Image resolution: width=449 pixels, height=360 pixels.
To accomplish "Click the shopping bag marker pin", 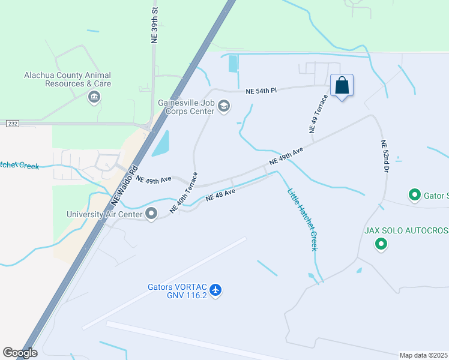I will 342,86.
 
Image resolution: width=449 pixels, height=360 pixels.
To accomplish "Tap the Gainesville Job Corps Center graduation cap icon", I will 224,107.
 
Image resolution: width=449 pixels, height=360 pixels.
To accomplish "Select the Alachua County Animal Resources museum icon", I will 94,97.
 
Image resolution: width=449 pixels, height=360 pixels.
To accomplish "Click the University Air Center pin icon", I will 151,214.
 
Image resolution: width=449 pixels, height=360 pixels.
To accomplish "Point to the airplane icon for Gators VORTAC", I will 216,290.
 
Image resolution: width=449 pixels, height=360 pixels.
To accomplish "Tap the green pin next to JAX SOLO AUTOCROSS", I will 381,244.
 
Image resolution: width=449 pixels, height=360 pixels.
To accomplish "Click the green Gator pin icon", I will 414,195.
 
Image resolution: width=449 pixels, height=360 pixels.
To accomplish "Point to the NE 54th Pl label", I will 261,91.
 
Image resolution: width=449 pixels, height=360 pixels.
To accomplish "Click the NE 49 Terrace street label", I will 318,113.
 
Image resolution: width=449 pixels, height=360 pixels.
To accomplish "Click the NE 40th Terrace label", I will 184,193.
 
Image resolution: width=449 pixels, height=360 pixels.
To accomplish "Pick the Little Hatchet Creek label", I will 301,220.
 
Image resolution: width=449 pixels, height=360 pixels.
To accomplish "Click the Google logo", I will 20,353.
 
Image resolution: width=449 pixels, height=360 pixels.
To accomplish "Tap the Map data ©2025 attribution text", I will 424,355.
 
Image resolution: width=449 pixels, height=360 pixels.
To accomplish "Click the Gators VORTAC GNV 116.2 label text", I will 177,290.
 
